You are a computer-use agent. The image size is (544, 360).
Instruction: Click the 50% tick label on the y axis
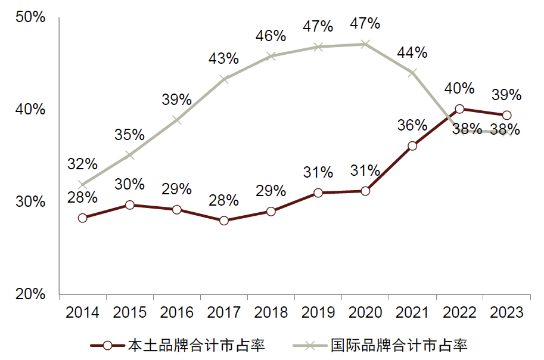[x=30, y=17]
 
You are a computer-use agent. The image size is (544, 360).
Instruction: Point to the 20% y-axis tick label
[x=30, y=294]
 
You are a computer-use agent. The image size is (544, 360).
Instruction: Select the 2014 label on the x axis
[x=82, y=312]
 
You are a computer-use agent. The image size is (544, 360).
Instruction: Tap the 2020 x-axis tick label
[x=365, y=312]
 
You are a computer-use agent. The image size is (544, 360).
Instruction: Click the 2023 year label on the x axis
[x=506, y=312]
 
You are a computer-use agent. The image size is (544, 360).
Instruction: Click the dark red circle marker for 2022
[x=460, y=109]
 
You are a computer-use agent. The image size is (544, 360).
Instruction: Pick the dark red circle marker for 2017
[x=224, y=221]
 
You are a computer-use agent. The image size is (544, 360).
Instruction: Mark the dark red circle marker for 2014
[x=82, y=218]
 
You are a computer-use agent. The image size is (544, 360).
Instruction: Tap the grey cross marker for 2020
[x=365, y=44]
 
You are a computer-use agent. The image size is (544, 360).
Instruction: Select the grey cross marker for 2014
[x=82, y=185]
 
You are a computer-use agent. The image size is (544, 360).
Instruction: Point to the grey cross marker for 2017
[x=224, y=79]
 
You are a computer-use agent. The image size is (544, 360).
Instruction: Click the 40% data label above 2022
[x=459, y=89]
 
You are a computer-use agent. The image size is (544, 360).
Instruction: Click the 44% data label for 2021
[x=412, y=52]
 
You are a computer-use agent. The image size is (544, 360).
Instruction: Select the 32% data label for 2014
[x=82, y=163]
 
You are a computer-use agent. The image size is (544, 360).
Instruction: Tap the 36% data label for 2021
[x=412, y=125]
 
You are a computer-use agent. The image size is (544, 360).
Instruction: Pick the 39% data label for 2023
[x=506, y=95]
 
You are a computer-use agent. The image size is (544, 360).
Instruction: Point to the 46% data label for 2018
[x=271, y=36]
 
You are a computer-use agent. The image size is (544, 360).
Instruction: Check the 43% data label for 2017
[x=224, y=58]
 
